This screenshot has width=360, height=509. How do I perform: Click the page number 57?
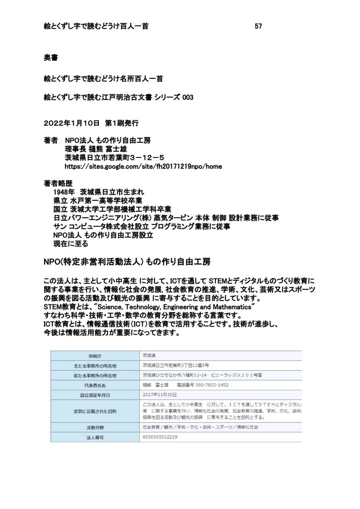pos(258,26)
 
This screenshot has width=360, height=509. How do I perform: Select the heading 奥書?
pos(51,57)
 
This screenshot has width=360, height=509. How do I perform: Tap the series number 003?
pos(187,98)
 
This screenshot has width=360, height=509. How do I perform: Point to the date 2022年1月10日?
pos(71,123)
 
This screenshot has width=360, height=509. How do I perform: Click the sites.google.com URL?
pos(143,166)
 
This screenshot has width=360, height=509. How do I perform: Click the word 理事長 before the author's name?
pos(75,149)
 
